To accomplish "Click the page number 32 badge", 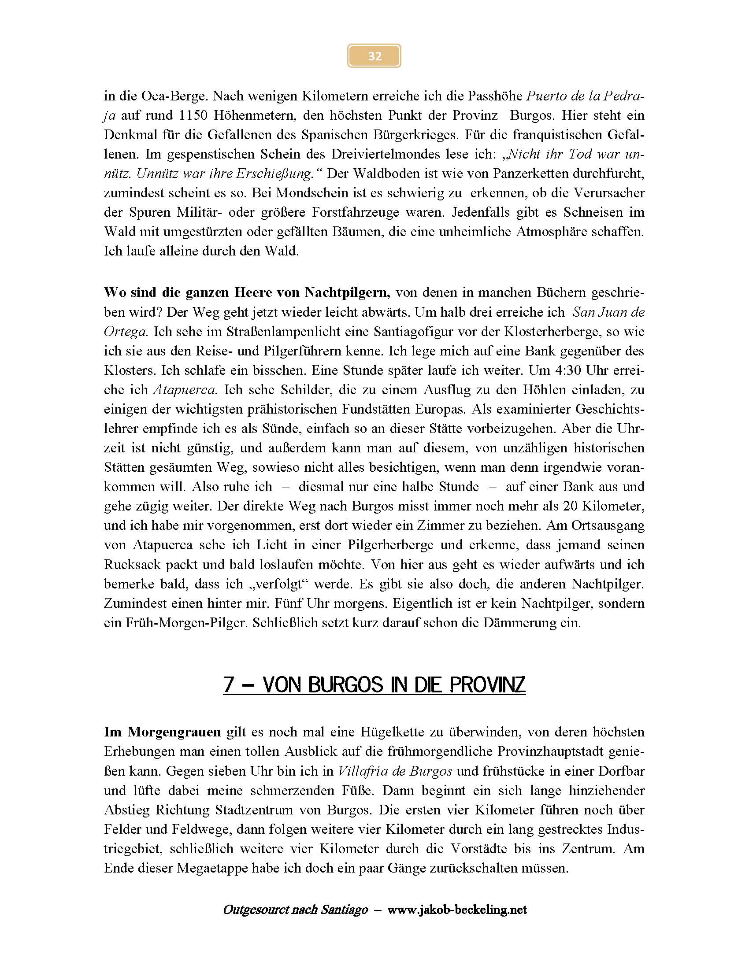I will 374,56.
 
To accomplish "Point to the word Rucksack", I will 131,565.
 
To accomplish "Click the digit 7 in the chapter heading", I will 229,684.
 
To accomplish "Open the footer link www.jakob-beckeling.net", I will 457,910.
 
